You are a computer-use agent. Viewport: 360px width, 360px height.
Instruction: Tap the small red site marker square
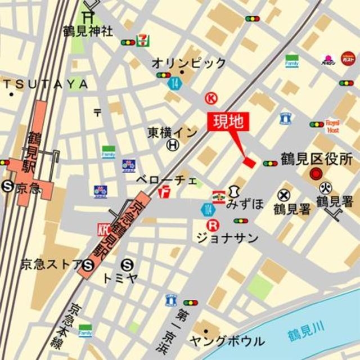(x=249, y=162)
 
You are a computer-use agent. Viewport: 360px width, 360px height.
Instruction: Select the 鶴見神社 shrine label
(x=88, y=31)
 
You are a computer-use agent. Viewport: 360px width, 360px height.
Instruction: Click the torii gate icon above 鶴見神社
(x=88, y=17)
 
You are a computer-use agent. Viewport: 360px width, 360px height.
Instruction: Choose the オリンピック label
(x=189, y=63)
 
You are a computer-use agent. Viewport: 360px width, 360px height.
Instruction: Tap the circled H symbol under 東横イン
(x=172, y=146)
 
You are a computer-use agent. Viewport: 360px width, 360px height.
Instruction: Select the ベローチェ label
(x=166, y=181)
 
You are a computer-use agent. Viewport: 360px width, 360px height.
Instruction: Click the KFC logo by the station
(x=103, y=230)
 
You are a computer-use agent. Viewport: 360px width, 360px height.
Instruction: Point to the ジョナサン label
(x=227, y=238)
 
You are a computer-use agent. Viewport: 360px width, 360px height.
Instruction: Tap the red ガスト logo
(x=348, y=58)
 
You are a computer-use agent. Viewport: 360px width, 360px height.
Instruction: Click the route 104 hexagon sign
(x=208, y=209)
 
